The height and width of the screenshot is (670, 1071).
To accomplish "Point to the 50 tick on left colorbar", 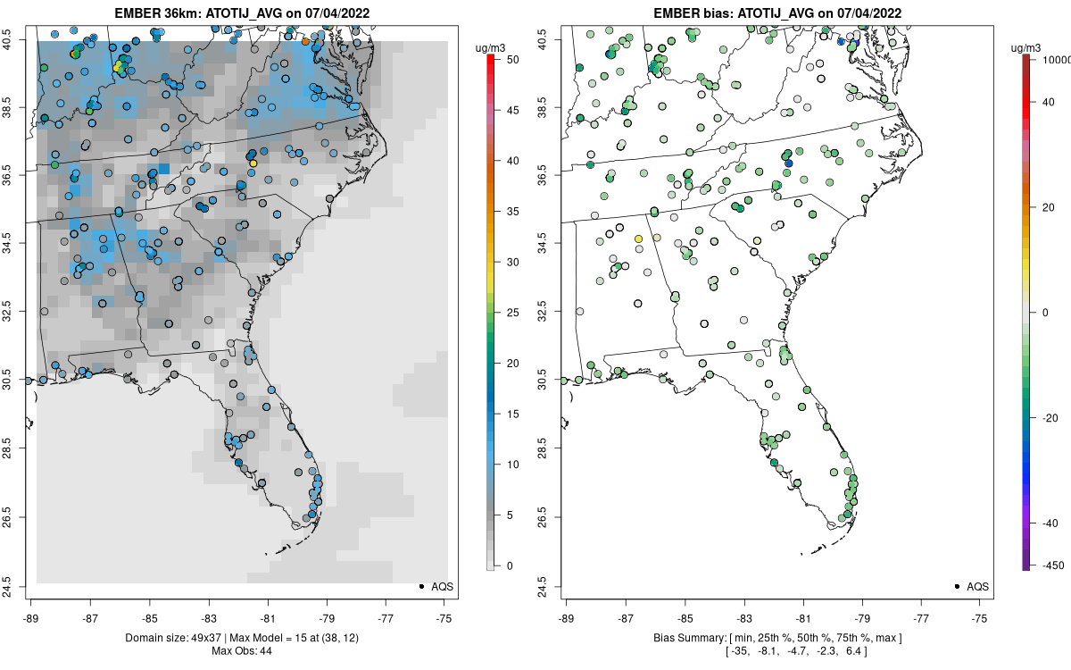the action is pos(513,60).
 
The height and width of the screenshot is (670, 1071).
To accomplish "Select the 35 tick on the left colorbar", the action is pos(513,212).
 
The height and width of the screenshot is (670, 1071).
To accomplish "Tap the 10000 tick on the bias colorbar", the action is pos(1056,60).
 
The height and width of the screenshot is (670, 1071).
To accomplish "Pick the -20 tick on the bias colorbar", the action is pos(1050,418).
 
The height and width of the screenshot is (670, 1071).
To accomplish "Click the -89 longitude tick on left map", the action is pos(31,619).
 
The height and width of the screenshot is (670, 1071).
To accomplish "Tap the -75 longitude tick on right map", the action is pos(979,619).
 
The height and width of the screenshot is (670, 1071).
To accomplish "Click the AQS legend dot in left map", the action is pos(421,586).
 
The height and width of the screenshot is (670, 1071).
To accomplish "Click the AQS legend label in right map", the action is pos(978,587).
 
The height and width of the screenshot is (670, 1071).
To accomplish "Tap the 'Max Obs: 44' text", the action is pos(242,651).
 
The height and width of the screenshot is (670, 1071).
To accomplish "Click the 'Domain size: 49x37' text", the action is pos(173,638).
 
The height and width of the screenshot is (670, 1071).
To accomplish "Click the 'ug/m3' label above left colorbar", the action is pos(490,48).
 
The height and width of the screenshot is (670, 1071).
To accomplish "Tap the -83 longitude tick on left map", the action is pos(209,619).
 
